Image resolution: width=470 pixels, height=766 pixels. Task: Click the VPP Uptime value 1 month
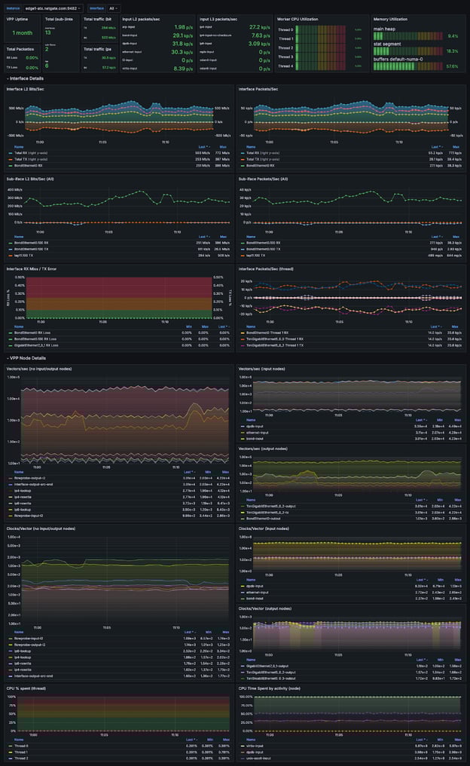coord(23,33)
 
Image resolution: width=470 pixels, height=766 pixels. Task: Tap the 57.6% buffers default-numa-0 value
coord(452,66)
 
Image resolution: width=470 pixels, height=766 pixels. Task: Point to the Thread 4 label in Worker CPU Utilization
coord(285,66)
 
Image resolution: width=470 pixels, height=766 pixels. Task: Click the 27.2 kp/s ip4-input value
coord(261,26)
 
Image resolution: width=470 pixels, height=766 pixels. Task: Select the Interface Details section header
coord(26,78)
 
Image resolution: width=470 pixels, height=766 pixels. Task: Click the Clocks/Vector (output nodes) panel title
coord(271,608)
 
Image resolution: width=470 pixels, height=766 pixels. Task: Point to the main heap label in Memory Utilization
coord(386,29)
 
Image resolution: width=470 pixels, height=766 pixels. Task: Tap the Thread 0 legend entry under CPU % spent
coord(22,746)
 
